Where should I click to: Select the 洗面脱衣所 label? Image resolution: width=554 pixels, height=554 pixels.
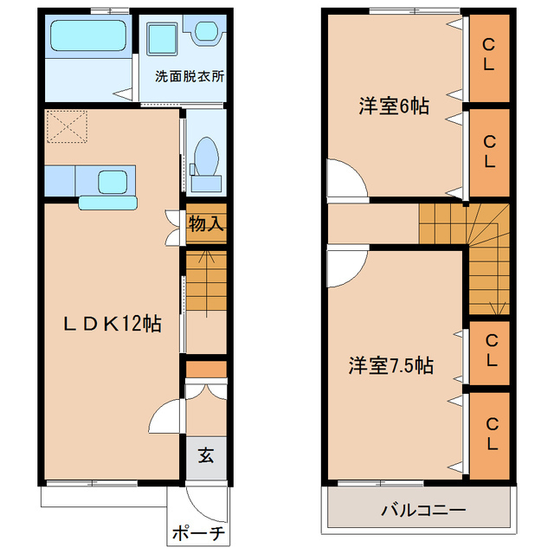(190, 75)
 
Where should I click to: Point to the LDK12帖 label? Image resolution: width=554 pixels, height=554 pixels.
(113, 324)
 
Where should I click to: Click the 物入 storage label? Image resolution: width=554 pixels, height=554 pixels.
(207, 224)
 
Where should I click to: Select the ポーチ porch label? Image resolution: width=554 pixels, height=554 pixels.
(197, 533)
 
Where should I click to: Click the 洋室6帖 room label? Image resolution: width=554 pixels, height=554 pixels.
(394, 106)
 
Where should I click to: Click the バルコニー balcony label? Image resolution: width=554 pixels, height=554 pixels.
(423, 511)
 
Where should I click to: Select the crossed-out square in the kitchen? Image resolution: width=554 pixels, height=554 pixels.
(66, 127)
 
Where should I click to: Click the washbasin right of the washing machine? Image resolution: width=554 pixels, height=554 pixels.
(206, 32)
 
